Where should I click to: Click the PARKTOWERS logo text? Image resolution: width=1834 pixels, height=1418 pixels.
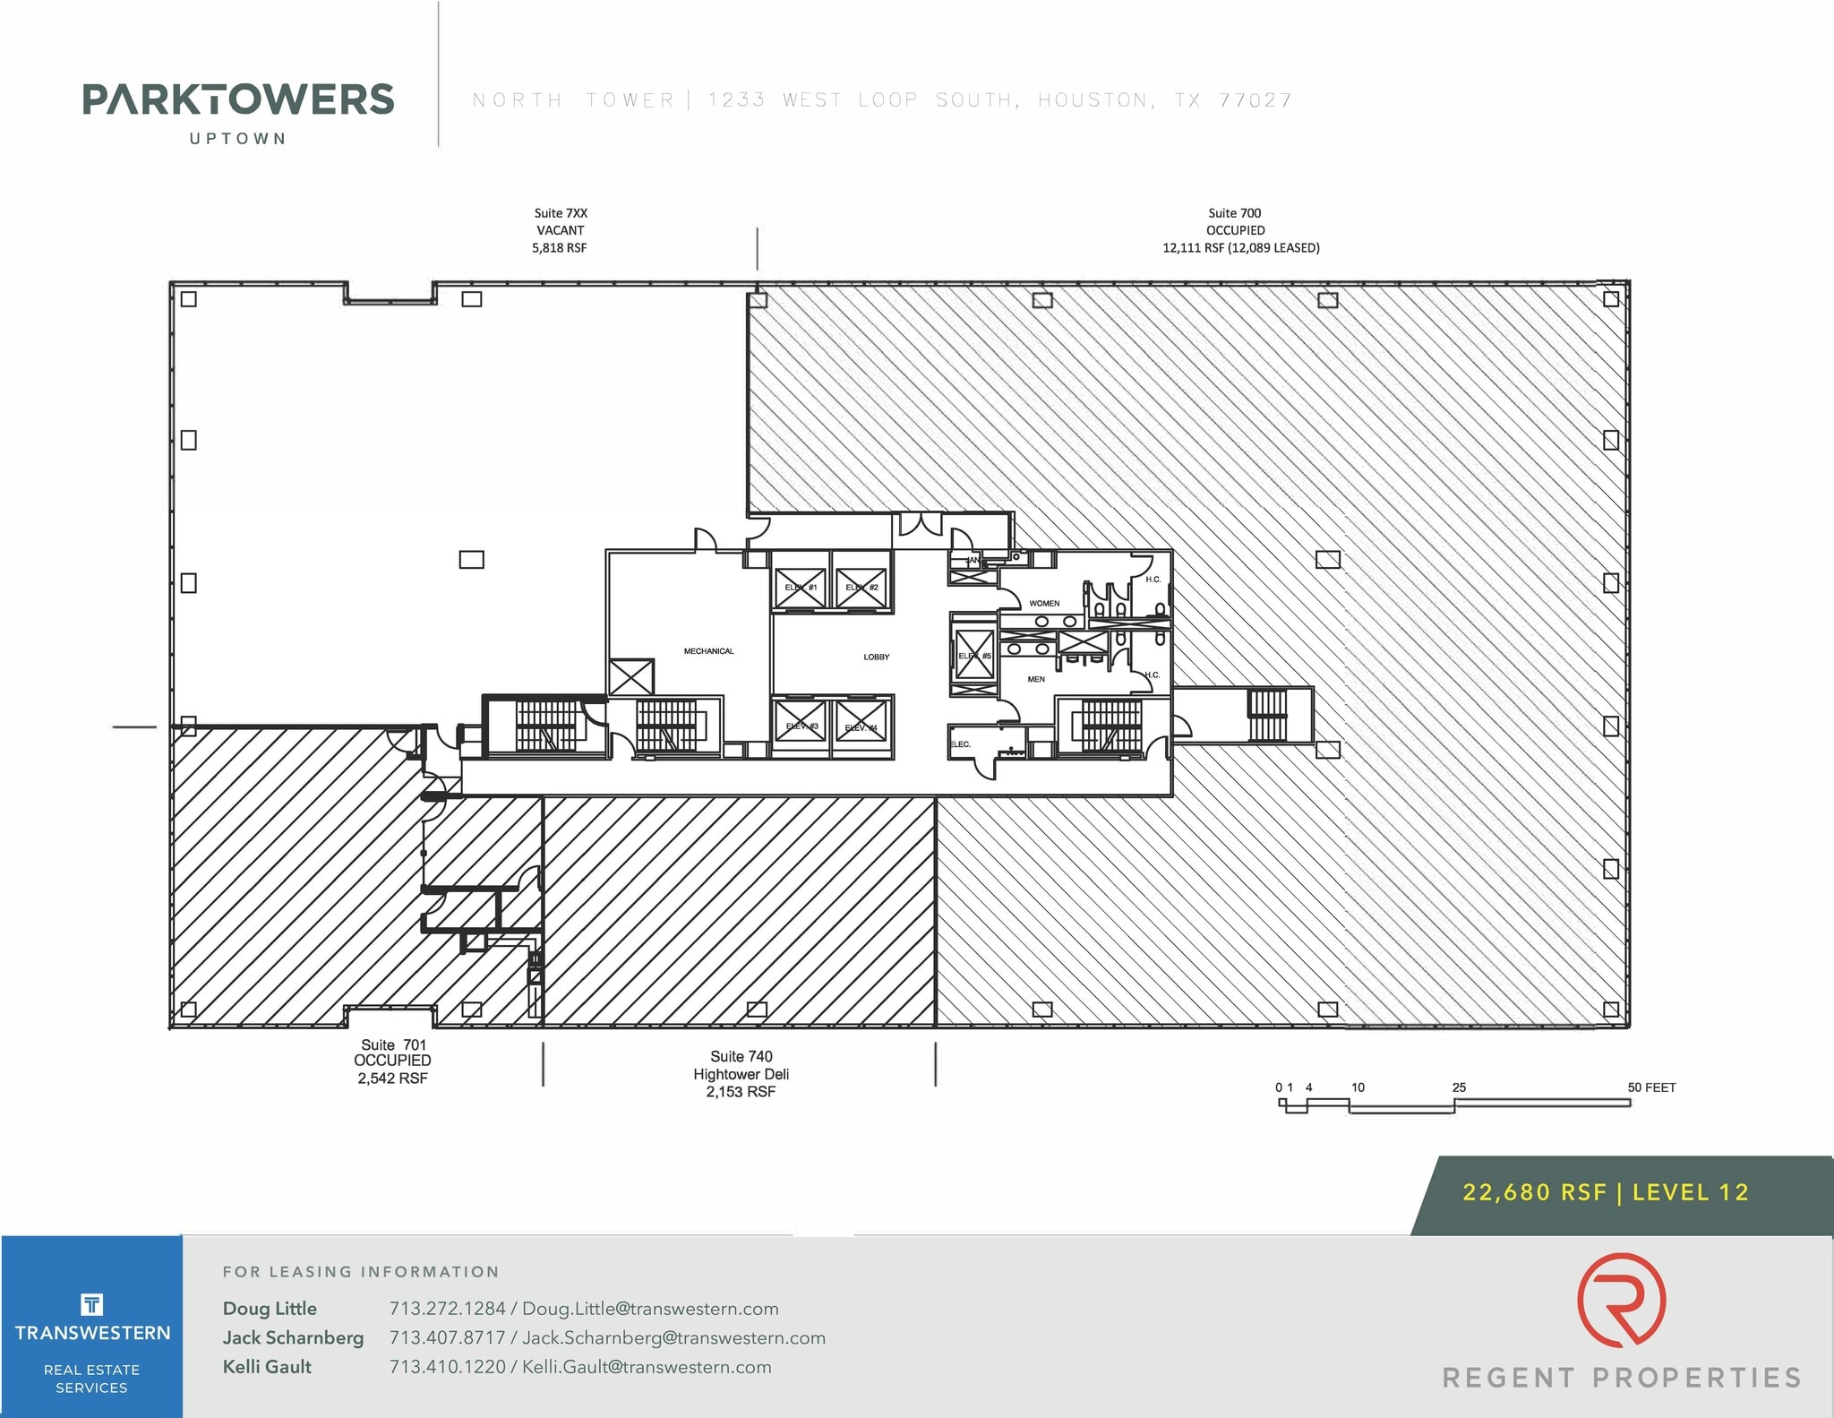(238, 99)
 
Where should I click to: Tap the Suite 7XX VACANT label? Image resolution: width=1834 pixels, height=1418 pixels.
(561, 230)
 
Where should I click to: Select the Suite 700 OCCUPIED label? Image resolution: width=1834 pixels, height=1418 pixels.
(1235, 230)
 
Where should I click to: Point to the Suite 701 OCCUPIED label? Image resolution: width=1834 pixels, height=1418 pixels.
(392, 1061)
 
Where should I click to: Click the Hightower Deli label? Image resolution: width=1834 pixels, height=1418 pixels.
(741, 1074)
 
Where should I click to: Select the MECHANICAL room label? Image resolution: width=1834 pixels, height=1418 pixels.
(708, 651)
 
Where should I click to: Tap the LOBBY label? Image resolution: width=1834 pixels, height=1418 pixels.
(876, 657)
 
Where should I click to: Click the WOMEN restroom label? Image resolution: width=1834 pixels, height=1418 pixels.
(1044, 604)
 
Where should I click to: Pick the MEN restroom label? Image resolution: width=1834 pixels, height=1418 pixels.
(1036, 679)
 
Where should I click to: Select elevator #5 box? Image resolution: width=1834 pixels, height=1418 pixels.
(974, 655)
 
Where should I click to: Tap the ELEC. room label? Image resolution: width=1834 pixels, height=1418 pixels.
(960, 744)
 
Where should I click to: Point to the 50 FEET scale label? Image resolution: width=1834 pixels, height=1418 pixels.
(1651, 1087)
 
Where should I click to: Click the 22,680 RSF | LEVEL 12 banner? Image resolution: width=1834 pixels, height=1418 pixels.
(1605, 1192)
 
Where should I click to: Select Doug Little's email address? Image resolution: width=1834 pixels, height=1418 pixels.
(650, 1309)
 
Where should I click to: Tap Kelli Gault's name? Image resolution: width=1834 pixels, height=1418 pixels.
(267, 1367)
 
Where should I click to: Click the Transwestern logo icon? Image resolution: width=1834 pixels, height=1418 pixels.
(91, 1304)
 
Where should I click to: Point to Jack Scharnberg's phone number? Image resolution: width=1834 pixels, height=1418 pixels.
(447, 1338)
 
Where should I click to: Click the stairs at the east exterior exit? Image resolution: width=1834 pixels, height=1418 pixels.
(1267, 715)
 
